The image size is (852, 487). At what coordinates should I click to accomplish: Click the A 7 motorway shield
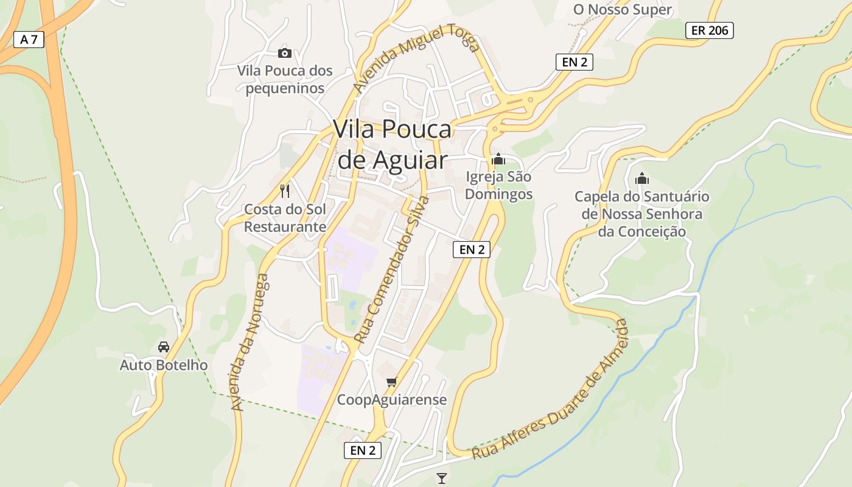tap(29, 40)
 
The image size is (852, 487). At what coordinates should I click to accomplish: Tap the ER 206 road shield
tap(709, 30)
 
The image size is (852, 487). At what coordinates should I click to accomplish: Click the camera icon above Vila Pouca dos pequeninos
tap(284, 53)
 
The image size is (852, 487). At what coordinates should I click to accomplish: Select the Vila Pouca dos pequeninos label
tap(285, 79)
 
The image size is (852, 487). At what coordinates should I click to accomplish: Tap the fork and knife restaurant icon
tap(284, 191)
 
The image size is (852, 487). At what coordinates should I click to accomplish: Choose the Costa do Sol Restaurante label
tap(285, 218)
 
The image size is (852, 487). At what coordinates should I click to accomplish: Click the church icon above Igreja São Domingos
tap(498, 159)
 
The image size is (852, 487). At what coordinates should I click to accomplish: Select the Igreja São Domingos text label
tap(498, 186)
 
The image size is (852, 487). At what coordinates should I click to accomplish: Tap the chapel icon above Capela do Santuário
tap(641, 179)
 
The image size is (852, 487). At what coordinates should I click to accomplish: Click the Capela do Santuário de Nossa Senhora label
tap(642, 214)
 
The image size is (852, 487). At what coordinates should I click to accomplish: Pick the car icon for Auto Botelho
tap(163, 347)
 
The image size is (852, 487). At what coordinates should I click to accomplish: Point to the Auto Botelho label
tap(163, 365)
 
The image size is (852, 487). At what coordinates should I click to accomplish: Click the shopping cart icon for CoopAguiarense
tap(391, 382)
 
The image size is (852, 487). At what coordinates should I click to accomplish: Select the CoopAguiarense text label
tap(392, 400)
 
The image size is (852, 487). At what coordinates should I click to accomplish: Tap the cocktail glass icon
tap(442, 478)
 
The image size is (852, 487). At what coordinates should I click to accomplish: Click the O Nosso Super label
tap(623, 10)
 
